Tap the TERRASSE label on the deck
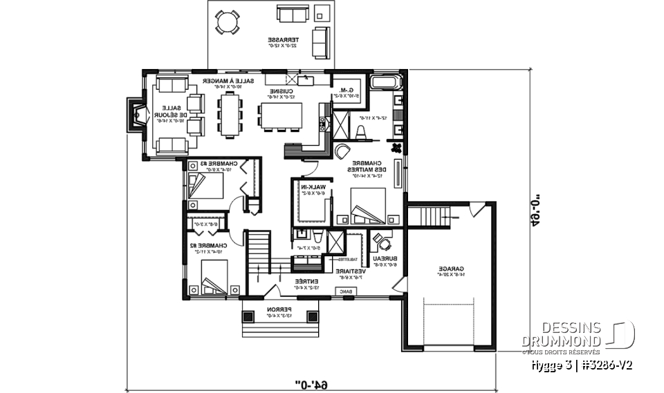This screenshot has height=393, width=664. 284,41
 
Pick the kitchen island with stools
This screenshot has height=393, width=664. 282,117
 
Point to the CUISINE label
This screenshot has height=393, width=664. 283,91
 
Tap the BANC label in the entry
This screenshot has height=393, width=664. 343,292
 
